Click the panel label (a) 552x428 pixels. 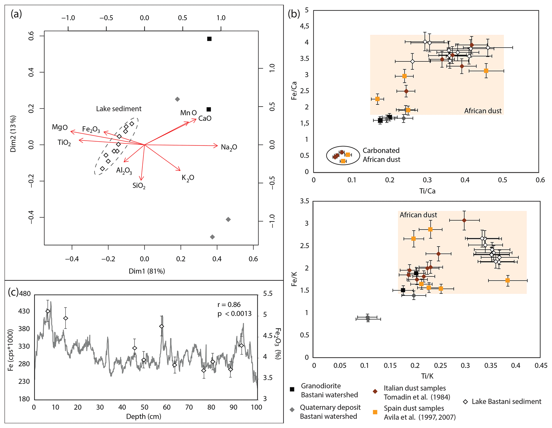click(16, 14)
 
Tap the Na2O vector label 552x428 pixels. click(229, 147)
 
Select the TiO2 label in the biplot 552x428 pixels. click(64, 143)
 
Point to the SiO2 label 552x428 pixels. click(139, 186)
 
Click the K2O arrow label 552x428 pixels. click(188, 178)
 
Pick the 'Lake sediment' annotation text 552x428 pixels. click(119, 109)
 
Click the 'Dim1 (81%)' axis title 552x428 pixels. click(147, 271)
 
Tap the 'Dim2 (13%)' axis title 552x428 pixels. click(13, 134)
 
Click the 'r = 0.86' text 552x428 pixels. click(229, 305)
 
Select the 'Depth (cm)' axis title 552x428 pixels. click(144, 417)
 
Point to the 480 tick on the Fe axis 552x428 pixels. click(25, 294)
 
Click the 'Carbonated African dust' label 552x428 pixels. click(381, 155)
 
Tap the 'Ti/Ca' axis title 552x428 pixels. click(427, 191)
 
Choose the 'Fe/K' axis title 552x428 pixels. click(294, 279)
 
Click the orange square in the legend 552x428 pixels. click(375, 412)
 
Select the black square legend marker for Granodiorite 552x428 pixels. click(292, 389)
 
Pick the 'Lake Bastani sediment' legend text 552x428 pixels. click(506, 402)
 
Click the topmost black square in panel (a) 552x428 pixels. click(209, 39)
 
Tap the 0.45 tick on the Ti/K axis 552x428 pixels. click(541, 366)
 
